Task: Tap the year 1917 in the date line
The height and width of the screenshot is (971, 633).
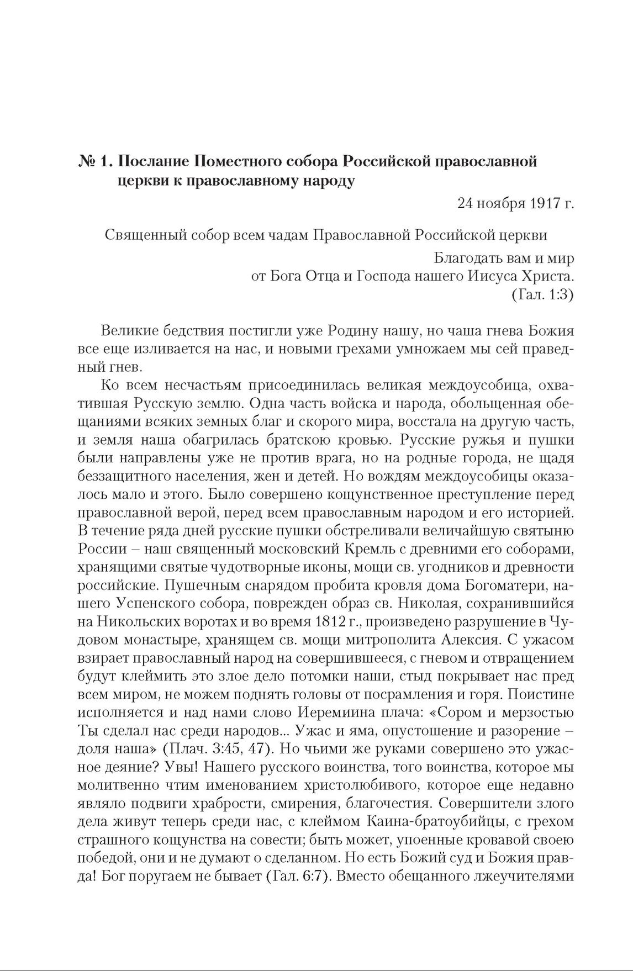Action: click(x=534, y=203)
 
